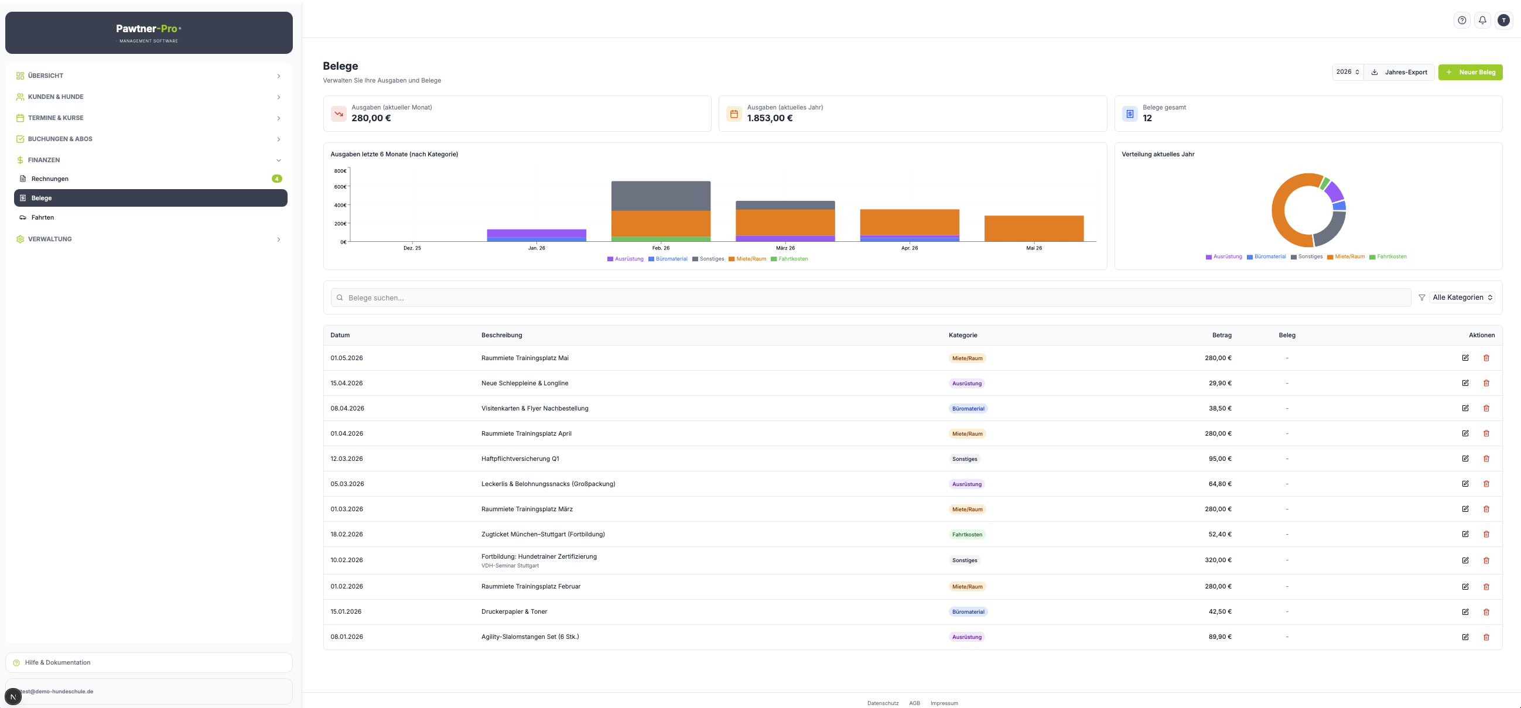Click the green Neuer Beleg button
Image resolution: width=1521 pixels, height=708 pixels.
[1470, 72]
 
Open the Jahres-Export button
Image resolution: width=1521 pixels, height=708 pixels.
[1399, 72]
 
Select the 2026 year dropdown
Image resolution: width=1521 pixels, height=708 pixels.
[1348, 72]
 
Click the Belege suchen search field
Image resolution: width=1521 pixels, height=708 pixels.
[871, 297]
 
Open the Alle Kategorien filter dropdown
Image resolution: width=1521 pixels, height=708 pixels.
[1462, 297]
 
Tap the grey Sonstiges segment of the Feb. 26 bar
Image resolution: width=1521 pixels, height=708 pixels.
[661, 196]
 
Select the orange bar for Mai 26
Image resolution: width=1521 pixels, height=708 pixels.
[1034, 228]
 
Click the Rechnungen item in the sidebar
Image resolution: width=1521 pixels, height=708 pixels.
[50, 179]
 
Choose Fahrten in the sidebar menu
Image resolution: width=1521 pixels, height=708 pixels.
[43, 217]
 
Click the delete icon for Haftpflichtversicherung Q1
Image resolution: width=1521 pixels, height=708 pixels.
[1486, 459]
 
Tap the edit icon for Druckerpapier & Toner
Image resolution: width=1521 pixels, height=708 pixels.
[1465, 612]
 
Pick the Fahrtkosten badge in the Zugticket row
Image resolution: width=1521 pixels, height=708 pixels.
[967, 535]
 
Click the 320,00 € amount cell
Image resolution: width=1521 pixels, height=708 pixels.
[1218, 560]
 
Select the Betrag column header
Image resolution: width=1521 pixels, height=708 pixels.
[1222, 335]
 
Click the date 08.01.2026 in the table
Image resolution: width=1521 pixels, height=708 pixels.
[347, 637]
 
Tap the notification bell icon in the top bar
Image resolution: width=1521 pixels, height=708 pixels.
[1482, 20]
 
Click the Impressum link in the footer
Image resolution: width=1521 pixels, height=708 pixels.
[944, 703]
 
